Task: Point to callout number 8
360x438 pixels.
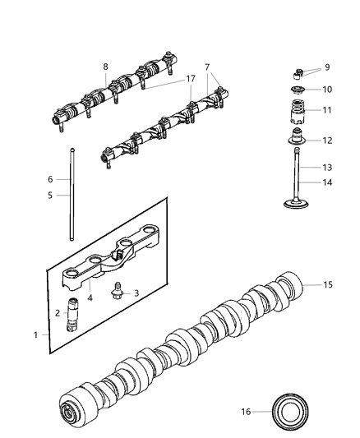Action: click(x=105, y=67)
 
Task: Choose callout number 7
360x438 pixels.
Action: click(x=207, y=67)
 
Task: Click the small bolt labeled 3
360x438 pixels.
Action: click(x=120, y=289)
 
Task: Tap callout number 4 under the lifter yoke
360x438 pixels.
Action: click(x=90, y=297)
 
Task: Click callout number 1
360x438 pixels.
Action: click(x=35, y=335)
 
